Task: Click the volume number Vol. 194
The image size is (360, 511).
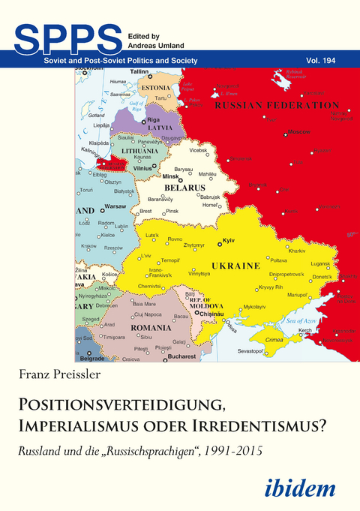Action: click(329, 59)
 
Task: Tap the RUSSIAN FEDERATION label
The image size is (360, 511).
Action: click(276, 106)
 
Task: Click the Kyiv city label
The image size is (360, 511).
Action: click(229, 242)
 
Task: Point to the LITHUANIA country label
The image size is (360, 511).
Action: click(140, 151)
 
